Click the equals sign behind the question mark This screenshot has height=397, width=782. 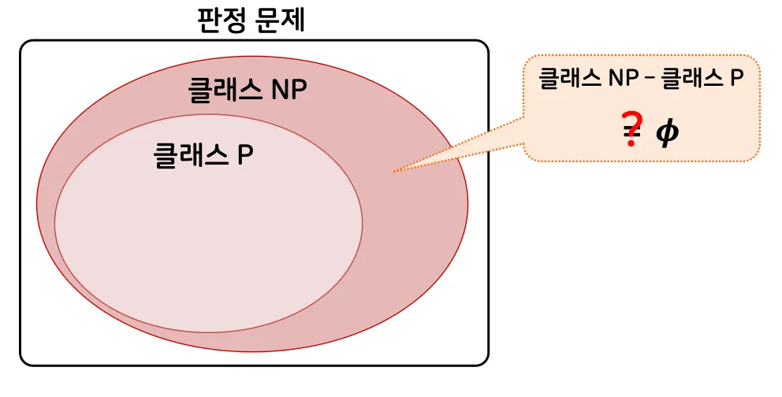coord(631,133)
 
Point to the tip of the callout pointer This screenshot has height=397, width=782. coord(393,171)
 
